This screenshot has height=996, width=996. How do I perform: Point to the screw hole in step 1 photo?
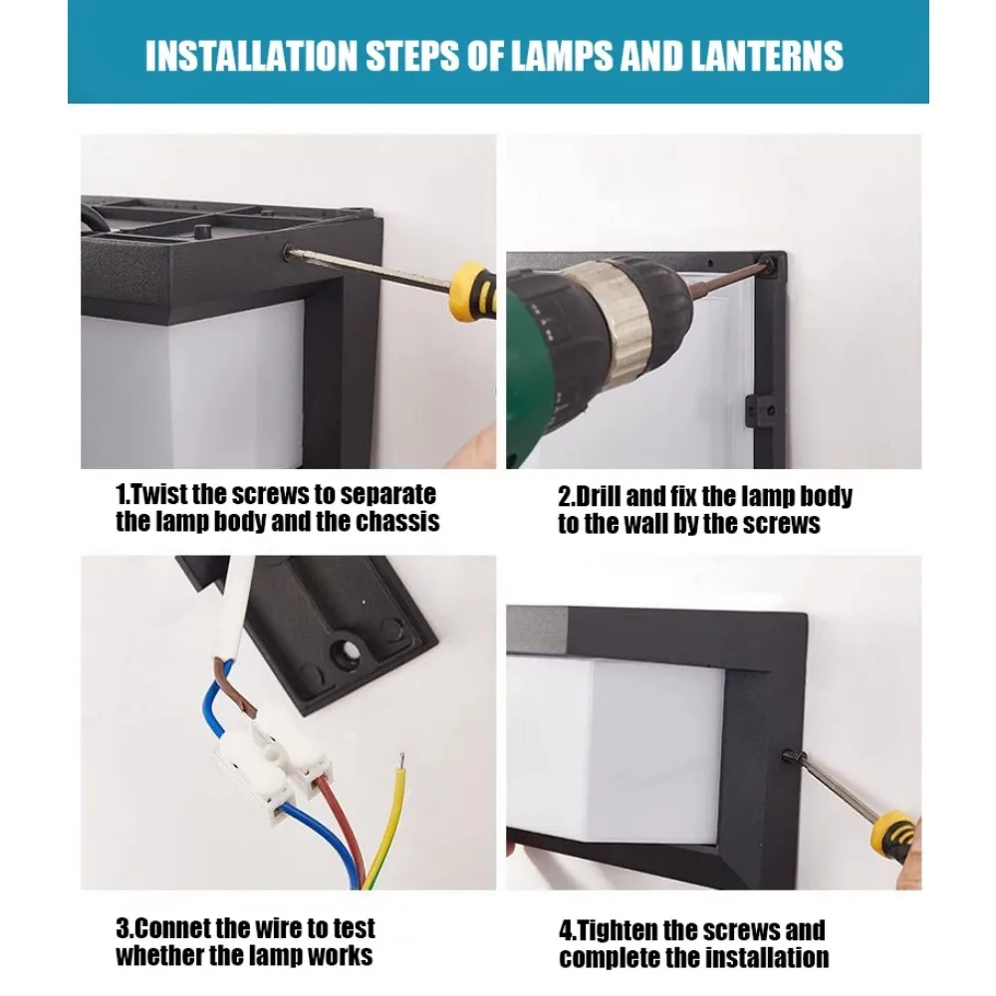pyautogui.click(x=290, y=254)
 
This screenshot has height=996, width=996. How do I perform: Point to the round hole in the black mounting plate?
pyautogui.click(x=349, y=652)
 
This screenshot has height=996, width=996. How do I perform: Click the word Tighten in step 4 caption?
pyautogui.click(x=618, y=931)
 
